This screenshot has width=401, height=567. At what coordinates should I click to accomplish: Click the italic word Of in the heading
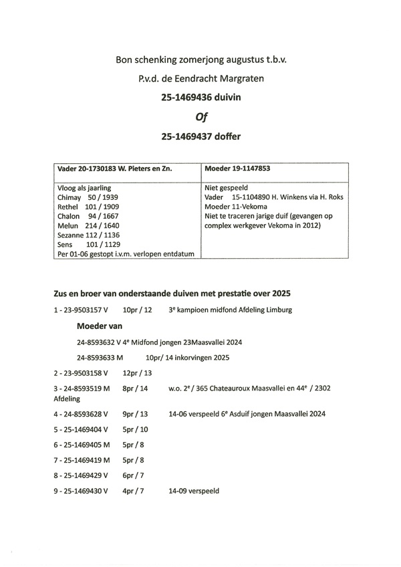tap(200, 117)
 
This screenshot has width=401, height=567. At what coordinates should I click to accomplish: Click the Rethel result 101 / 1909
tap(102, 207)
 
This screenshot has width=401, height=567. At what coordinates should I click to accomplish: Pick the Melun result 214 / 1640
tap(102, 225)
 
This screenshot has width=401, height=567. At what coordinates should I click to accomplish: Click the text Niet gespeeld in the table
tap(227, 189)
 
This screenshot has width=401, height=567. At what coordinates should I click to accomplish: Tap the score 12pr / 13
tap(138, 372)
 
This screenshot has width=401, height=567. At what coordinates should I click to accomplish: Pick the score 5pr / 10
tap(136, 429)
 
